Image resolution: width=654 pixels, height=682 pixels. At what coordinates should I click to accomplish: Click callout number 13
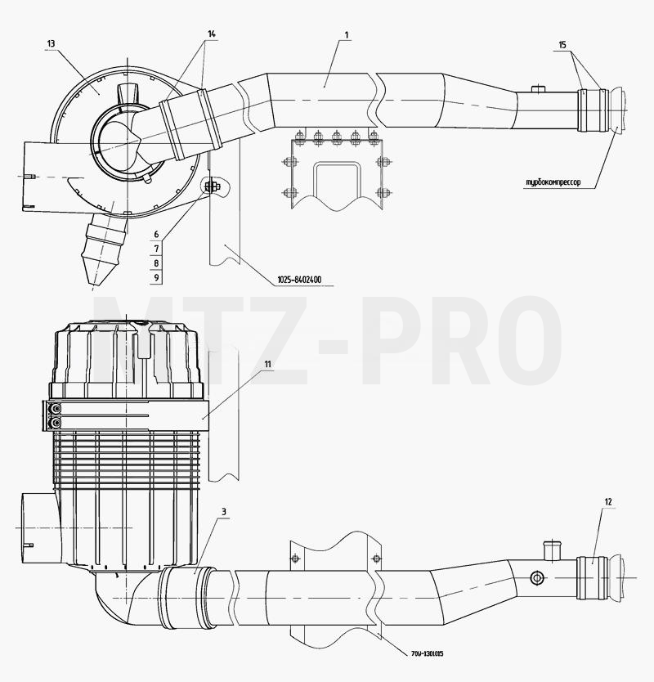coord(51,43)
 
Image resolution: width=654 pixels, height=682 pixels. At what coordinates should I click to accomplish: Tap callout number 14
coord(212,34)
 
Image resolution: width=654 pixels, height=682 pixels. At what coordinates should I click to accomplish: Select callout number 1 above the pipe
coord(347,34)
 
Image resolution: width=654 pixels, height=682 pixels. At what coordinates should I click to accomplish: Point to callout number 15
coord(562,45)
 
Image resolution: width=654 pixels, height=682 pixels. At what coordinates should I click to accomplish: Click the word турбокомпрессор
coord(553,182)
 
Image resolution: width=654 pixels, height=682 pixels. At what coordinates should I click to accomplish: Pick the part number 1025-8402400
coord(299,280)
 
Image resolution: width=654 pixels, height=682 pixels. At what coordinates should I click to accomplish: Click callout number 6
coord(156,235)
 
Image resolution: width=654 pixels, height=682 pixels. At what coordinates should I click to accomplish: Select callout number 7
coord(156,249)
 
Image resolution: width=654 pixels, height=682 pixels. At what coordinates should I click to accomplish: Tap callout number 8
coord(156,263)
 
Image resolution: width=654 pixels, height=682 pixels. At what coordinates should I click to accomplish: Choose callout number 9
coord(156,277)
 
